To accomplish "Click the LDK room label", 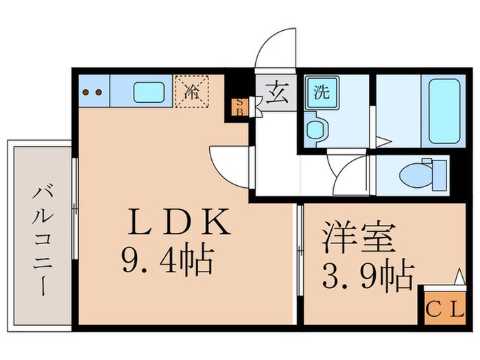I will [x=178, y=224].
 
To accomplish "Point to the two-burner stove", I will [x=93, y=92].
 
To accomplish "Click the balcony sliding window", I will [x=75, y=206].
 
